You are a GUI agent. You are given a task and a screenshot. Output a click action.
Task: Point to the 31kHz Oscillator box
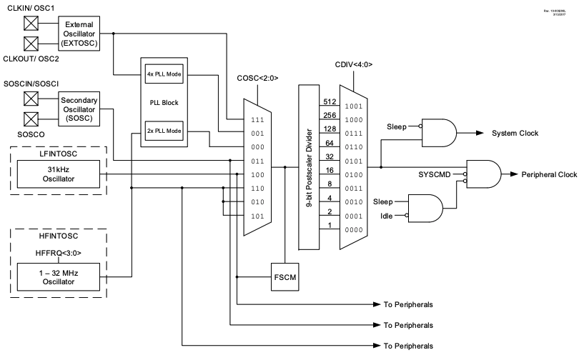[x=60, y=174]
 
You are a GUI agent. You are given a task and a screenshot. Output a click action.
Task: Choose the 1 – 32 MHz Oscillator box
[x=60, y=276]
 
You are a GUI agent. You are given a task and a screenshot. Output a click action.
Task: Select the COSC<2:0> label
[x=258, y=76]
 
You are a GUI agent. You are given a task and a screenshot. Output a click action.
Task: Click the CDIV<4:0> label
[x=353, y=64]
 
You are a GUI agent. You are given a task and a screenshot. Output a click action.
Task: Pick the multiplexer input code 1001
[x=355, y=106]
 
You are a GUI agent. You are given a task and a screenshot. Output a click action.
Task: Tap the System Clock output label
[x=515, y=133]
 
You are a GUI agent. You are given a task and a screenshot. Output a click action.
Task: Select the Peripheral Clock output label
[x=548, y=174]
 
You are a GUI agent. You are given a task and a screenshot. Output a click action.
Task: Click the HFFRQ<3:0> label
[x=60, y=251]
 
